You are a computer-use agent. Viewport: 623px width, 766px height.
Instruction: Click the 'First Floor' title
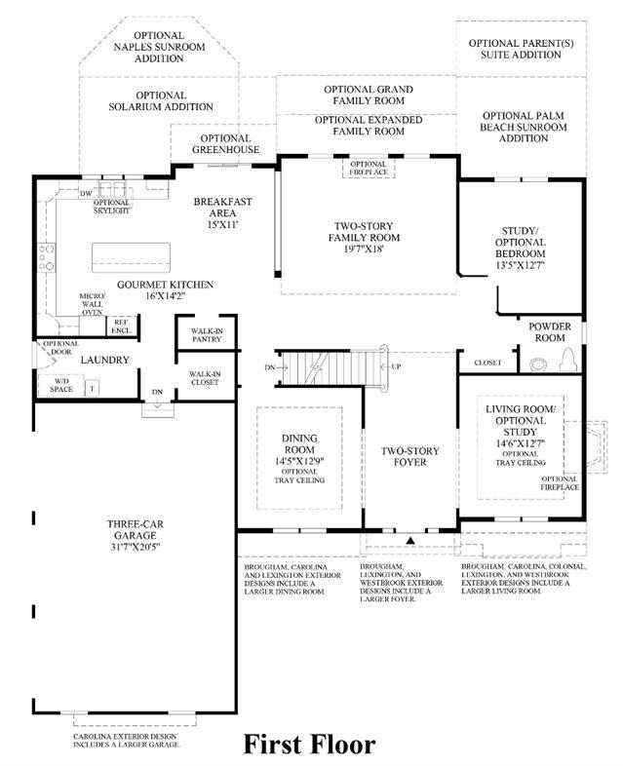tap(309, 745)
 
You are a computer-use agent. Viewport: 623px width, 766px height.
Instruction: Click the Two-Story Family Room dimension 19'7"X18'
tap(366, 249)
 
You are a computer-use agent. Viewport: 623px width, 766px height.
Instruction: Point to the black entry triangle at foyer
tap(410, 538)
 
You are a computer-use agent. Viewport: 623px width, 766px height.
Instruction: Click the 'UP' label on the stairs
tap(395, 366)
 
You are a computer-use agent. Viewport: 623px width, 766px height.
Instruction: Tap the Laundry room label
tap(104, 360)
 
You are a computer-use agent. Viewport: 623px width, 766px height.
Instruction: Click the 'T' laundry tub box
tap(92, 387)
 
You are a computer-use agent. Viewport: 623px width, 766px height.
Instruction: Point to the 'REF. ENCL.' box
tap(122, 326)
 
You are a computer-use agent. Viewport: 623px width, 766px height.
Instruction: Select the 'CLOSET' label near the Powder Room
tap(487, 363)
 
